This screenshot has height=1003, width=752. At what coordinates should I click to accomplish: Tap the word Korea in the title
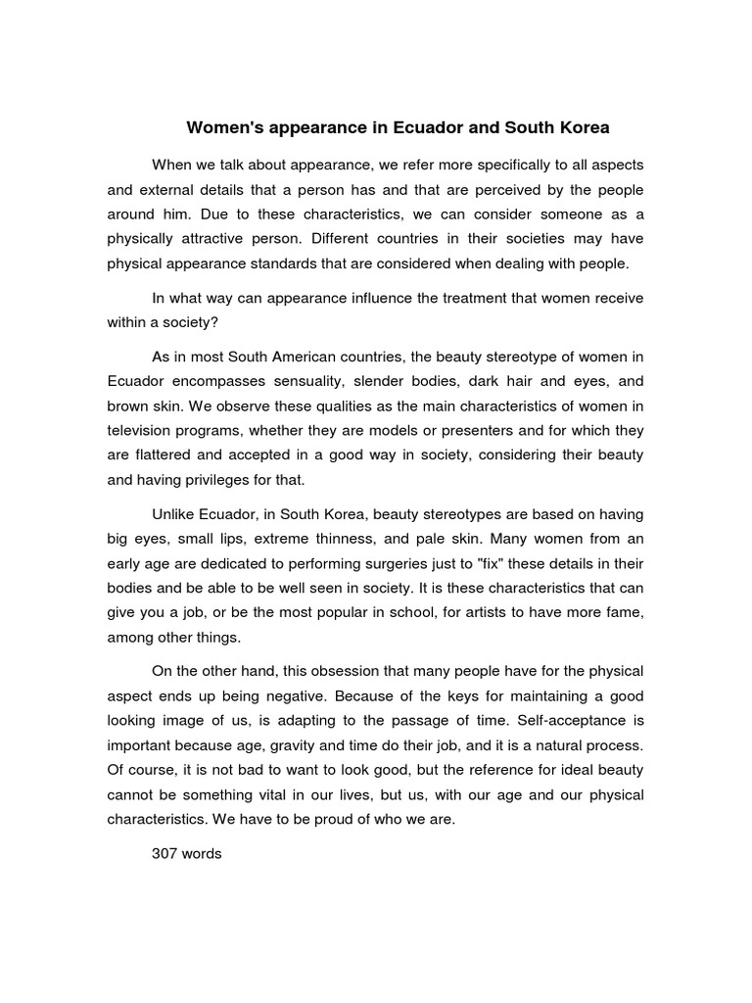pyautogui.click(x=582, y=128)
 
